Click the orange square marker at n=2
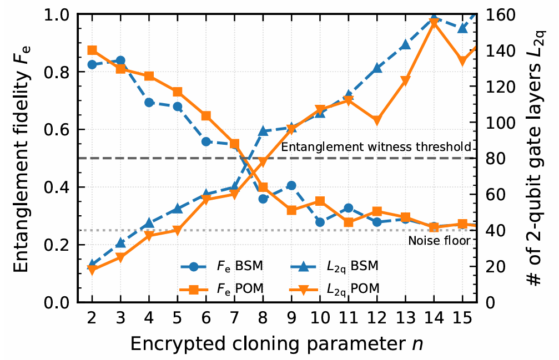point(92,50)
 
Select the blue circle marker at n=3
point(120,60)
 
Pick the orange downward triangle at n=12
point(377,120)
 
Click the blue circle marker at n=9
point(291,185)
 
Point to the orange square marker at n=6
point(206,116)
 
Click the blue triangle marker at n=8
point(263,131)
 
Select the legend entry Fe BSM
point(221,266)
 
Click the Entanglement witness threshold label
point(376,147)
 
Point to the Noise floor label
point(439,240)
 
